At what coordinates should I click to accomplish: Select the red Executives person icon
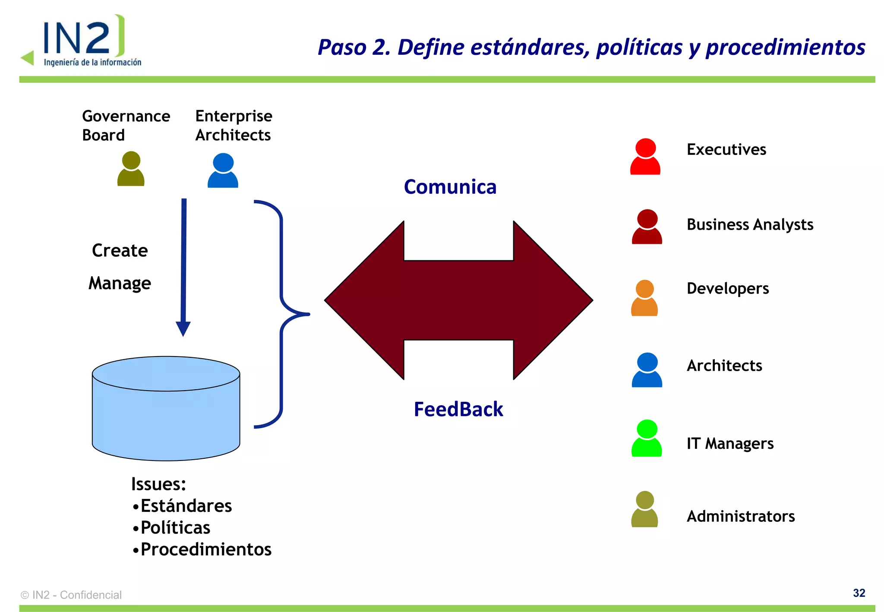[x=645, y=157]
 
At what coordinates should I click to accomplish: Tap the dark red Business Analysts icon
[x=647, y=227]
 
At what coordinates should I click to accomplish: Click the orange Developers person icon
[x=644, y=298]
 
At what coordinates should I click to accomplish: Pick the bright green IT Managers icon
[x=647, y=438]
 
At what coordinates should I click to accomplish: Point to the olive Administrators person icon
[x=644, y=509]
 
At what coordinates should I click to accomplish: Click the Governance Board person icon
[x=131, y=169]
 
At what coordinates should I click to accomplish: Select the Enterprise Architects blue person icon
[x=223, y=170]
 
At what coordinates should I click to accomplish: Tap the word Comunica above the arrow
[x=450, y=187]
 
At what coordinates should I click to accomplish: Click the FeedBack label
[x=458, y=409]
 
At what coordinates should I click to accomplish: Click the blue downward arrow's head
[x=183, y=328]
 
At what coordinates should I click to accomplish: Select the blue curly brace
[x=281, y=314]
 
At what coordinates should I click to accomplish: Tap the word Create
[x=120, y=251]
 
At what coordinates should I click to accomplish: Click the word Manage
[x=120, y=284]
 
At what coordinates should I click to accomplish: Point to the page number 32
[x=859, y=593]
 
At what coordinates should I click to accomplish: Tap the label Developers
[x=727, y=288]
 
